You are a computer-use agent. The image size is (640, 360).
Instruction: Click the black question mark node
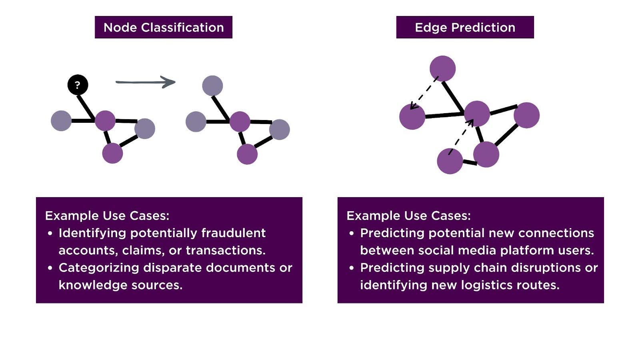pyautogui.click(x=78, y=85)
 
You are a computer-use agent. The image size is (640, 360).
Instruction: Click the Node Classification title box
pyautogui.click(x=163, y=27)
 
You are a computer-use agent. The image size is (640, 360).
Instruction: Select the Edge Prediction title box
pyautogui.click(x=465, y=27)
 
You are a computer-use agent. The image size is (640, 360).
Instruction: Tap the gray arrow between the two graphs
pyautogui.click(x=146, y=82)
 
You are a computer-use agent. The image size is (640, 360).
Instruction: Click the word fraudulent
pyautogui.click(x=233, y=233)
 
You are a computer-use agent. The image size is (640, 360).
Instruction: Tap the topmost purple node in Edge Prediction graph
pyautogui.click(x=442, y=68)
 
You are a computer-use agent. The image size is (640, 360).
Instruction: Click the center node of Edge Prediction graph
pyautogui.click(x=477, y=114)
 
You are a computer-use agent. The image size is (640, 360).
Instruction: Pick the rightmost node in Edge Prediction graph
pyautogui.click(x=526, y=115)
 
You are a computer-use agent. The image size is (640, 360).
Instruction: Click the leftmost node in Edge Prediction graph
pyautogui.click(x=412, y=117)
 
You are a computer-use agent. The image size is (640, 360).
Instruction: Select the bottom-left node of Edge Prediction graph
pyautogui.click(x=450, y=161)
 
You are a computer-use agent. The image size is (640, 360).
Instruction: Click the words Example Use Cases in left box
pyautogui.click(x=107, y=216)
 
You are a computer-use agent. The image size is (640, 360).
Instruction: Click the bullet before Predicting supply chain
pyautogui.click(x=352, y=268)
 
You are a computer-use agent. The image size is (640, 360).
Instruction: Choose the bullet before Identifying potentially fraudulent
pyautogui.click(x=50, y=233)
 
